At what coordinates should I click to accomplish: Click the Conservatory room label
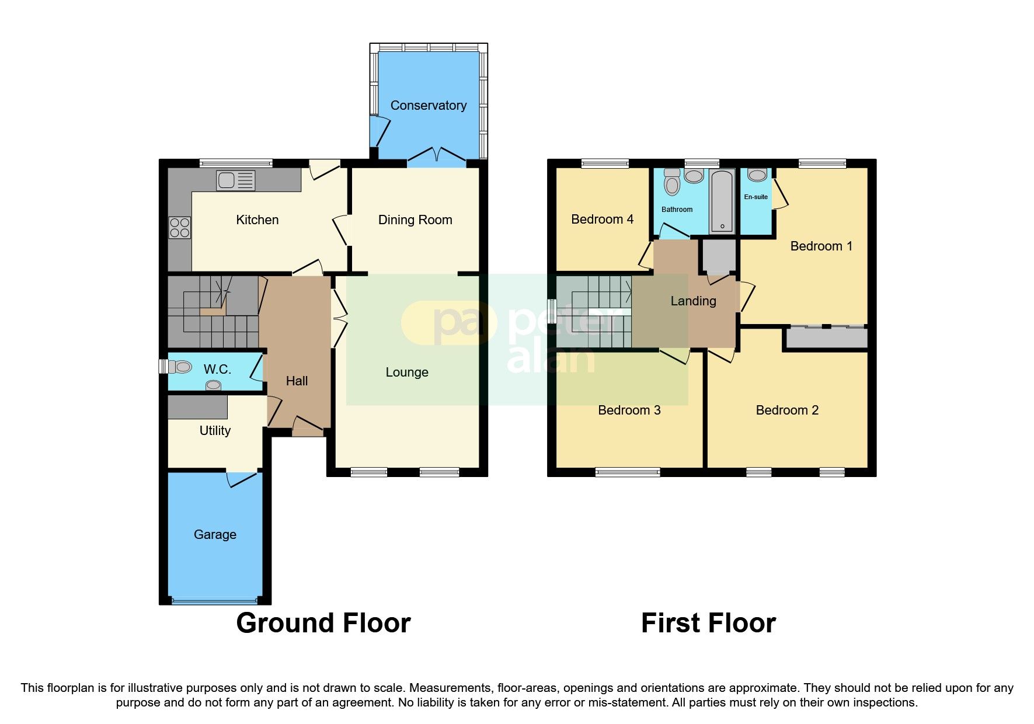[x=428, y=106]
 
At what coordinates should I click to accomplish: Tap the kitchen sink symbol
[x=235, y=180]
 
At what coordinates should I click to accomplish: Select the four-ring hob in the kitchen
[x=180, y=228]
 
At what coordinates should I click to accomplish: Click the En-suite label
[x=756, y=197]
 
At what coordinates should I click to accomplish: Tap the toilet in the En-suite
[x=757, y=175]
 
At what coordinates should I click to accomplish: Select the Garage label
[x=215, y=535]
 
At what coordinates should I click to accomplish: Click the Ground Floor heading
[x=323, y=623]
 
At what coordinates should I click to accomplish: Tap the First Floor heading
[x=708, y=623]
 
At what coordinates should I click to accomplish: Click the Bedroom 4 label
[x=602, y=220]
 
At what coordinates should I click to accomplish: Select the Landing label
[x=693, y=301]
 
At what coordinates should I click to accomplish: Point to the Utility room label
[x=215, y=431]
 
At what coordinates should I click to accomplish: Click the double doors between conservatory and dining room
[x=437, y=155]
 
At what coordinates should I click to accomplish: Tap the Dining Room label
[x=415, y=220]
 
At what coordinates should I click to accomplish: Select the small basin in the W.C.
[x=214, y=385]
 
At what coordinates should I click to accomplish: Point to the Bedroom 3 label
[x=629, y=410]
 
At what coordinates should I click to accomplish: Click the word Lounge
[x=407, y=373]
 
